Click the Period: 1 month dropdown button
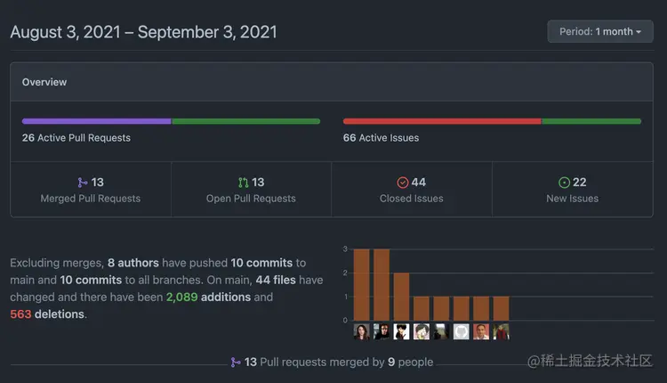tap(601, 31)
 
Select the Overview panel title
tap(44, 82)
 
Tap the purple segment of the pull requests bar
tap(96, 121)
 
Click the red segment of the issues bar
tap(442, 121)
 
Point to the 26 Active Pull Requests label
tap(76, 138)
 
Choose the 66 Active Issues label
tap(381, 138)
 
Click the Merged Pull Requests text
tap(91, 199)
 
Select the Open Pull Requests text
tap(251, 199)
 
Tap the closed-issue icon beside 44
tap(402, 183)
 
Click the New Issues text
tap(572, 199)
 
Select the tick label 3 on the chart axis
tap(345, 249)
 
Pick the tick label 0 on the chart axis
tap(345, 320)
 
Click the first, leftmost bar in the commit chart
tap(362, 283)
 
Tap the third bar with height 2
tap(401, 296)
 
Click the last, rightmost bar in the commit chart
tap(502, 307)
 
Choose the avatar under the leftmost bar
tap(362, 331)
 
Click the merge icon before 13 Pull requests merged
tap(235, 363)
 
